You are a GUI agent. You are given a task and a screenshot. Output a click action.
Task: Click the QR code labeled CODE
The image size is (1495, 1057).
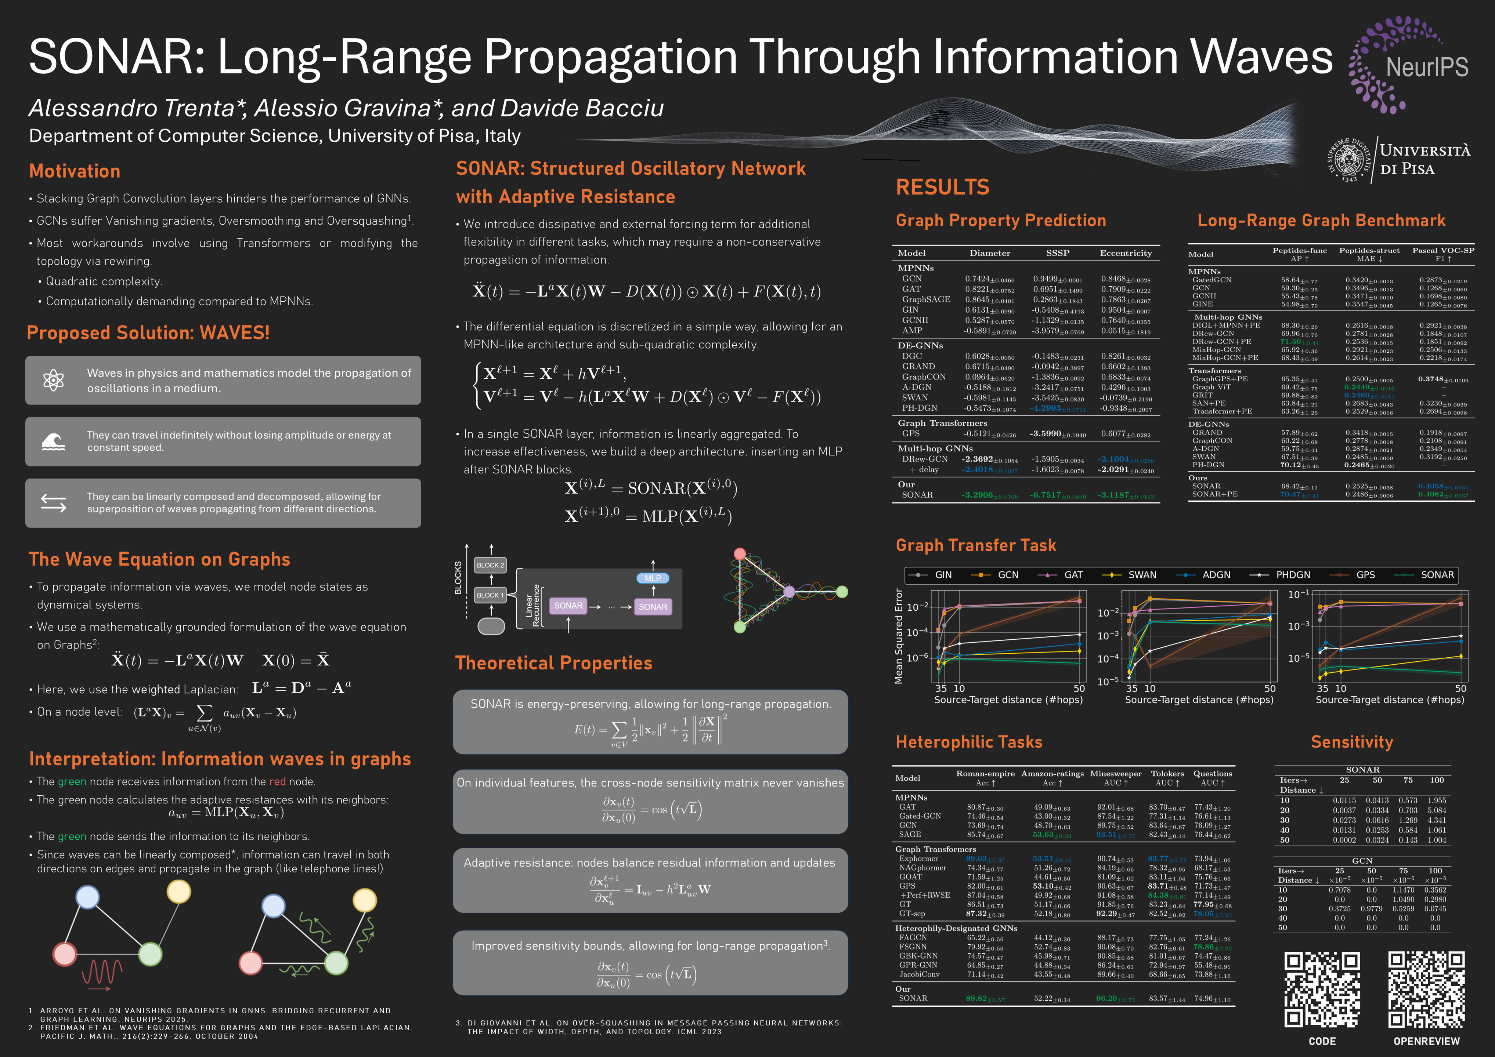click(x=1322, y=989)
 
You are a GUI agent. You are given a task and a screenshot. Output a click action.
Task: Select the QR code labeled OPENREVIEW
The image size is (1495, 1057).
click(x=1426, y=989)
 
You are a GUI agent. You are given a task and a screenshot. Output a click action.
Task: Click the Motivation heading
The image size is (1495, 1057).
click(x=75, y=171)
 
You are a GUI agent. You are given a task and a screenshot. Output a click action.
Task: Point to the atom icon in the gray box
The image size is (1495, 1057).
click(x=53, y=380)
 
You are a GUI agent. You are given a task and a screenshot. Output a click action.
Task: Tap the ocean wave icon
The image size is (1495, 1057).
click(x=53, y=442)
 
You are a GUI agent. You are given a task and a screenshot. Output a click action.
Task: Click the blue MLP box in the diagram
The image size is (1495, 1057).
click(x=653, y=578)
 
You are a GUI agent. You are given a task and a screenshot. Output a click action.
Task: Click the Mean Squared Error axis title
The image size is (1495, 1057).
click(x=899, y=636)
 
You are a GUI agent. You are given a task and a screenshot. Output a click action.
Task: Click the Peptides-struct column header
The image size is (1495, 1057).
click(x=1369, y=251)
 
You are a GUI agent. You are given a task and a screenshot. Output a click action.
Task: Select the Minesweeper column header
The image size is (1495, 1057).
click(x=1115, y=774)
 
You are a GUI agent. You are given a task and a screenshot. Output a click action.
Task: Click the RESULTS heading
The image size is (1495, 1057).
click(x=942, y=188)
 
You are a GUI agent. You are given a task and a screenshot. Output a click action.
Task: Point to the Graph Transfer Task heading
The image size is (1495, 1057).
click(x=975, y=545)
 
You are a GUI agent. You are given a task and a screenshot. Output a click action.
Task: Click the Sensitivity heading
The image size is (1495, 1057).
click(x=1352, y=742)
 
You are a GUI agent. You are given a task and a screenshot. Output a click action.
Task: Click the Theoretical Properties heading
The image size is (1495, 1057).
click(x=553, y=663)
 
